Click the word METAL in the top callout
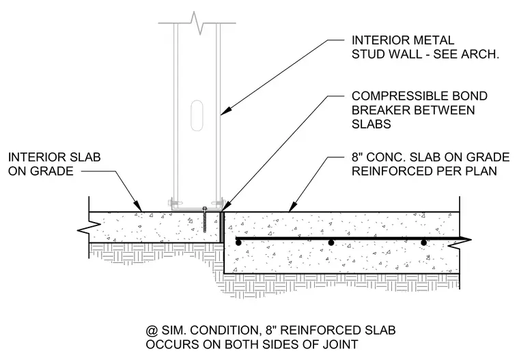(x=433, y=40)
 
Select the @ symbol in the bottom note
(x=152, y=331)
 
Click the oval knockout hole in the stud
(x=197, y=115)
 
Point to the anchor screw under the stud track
(x=206, y=220)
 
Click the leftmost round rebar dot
(x=238, y=243)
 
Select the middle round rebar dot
(x=331, y=243)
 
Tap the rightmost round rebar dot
(x=423, y=243)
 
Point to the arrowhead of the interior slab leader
(x=139, y=207)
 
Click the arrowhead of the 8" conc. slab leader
(x=292, y=207)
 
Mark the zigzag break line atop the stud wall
(x=197, y=23)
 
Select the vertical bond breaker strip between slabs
(x=222, y=227)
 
